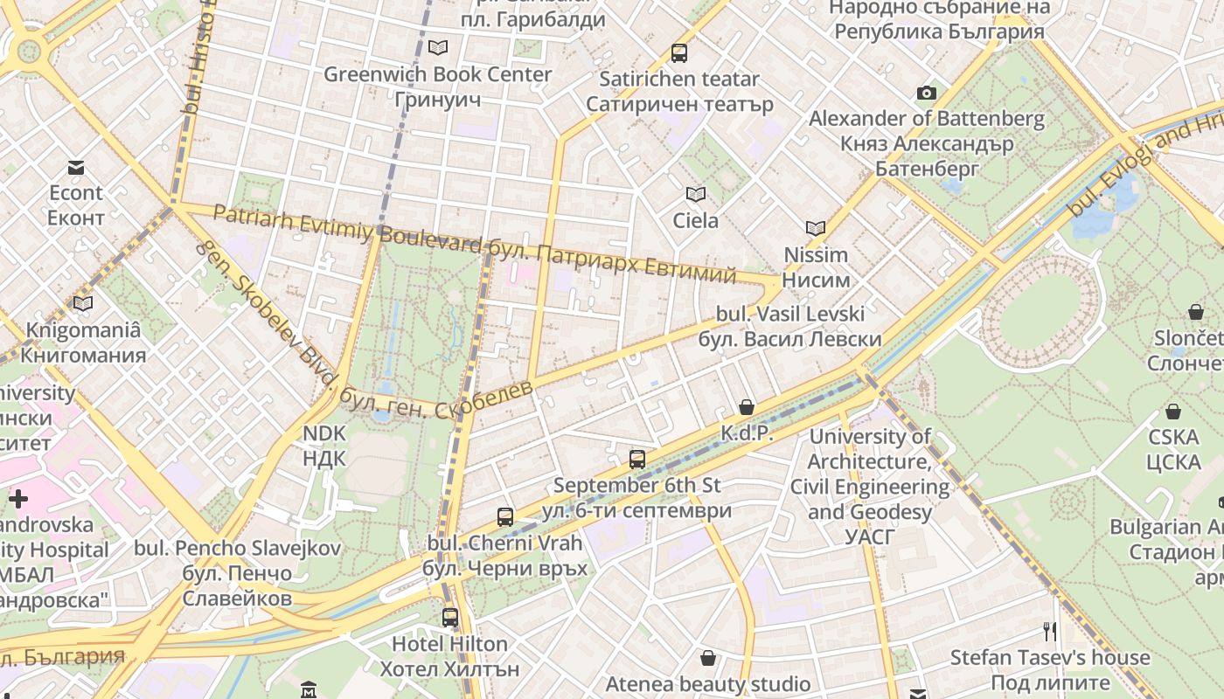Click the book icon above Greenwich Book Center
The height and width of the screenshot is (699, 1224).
click(437, 47)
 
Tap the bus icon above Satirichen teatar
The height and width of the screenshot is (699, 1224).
click(679, 52)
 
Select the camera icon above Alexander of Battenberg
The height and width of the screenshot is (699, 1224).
click(927, 93)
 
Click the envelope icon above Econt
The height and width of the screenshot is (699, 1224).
click(76, 167)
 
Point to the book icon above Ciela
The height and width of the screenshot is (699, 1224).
click(696, 194)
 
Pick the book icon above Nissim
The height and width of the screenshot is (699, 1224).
click(816, 228)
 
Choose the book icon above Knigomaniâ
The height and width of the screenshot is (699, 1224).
click(83, 303)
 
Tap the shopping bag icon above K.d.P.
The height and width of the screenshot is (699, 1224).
click(747, 406)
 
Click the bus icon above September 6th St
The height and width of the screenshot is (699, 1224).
click(637, 459)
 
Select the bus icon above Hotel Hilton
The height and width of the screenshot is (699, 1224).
click(450, 618)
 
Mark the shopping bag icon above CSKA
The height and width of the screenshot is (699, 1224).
click(1173, 411)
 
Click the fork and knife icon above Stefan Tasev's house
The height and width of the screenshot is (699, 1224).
click(1050, 631)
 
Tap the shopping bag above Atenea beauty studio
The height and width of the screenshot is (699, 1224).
click(708, 657)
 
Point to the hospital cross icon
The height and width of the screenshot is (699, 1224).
click(18, 499)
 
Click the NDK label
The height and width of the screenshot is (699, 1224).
click(324, 446)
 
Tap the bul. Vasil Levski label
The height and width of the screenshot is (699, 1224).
click(790, 326)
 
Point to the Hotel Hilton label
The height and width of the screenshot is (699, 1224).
click(449, 656)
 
